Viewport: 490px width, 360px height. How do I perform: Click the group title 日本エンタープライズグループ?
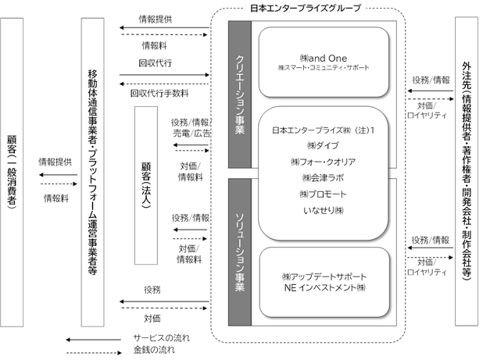pyautogui.click(x=306, y=8)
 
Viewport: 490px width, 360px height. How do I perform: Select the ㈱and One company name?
pyautogui.click(x=323, y=58)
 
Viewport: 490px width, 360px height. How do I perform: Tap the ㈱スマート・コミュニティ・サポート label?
pyautogui.click(x=324, y=67)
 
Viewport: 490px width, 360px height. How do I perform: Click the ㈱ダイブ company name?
pyautogui.click(x=323, y=145)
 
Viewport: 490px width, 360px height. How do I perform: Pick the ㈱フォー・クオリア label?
pyautogui.click(x=323, y=162)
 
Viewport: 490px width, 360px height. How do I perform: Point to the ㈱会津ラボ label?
pyautogui.click(x=323, y=178)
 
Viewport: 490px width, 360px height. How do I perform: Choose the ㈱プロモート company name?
pyautogui.click(x=323, y=194)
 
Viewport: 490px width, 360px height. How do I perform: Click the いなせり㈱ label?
pyautogui.click(x=323, y=210)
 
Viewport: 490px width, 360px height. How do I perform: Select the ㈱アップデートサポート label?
pyautogui.click(x=324, y=276)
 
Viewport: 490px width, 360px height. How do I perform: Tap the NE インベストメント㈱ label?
pyautogui.click(x=324, y=287)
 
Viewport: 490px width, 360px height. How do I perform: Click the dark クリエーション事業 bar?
pyautogui.click(x=240, y=94)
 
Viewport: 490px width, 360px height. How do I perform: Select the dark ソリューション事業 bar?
pyautogui.click(x=240, y=252)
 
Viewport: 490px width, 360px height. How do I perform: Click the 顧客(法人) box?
pyautogui.click(x=146, y=185)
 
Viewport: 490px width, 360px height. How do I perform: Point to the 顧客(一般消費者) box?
pyautogui.click(x=12, y=173)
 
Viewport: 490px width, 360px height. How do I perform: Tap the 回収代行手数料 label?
pyautogui.click(x=159, y=93)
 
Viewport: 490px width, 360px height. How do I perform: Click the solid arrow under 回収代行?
pyautogui.click(x=164, y=75)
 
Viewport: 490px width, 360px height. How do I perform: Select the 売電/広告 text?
pyautogui.click(x=191, y=134)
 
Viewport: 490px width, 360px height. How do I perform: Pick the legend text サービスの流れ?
pyautogui.click(x=161, y=338)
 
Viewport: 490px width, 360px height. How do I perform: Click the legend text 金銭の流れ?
pyautogui.click(x=154, y=350)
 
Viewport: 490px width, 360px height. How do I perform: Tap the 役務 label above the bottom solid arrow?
pyautogui.click(x=152, y=290)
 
